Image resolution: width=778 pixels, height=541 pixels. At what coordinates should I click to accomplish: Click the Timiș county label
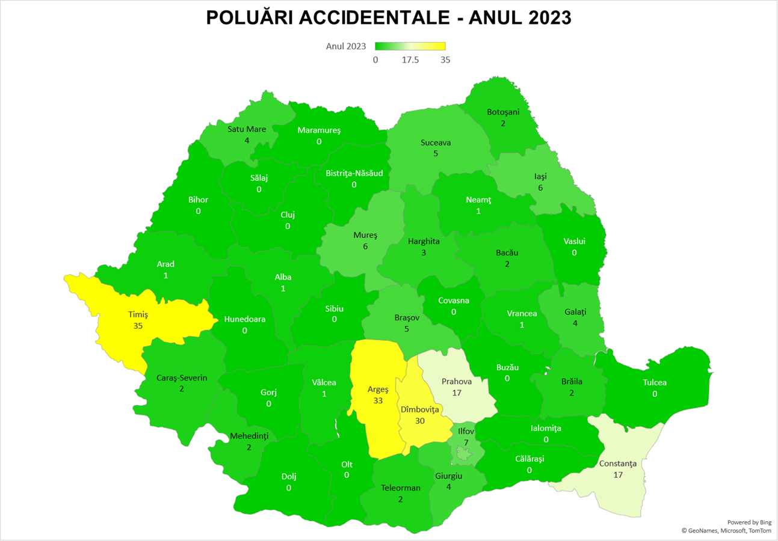(138, 314)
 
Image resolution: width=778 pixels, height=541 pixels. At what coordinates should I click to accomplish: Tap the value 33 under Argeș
(378, 400)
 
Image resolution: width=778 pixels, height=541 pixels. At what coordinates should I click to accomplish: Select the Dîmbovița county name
(420, 409)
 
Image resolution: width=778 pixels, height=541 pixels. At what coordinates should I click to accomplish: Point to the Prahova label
(455, 381)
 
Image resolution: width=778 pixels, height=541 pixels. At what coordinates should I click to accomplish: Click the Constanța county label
(617, 464)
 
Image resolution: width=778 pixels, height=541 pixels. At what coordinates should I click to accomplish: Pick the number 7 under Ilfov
(466, 442)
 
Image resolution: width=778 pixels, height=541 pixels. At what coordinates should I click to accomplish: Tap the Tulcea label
(655, 382)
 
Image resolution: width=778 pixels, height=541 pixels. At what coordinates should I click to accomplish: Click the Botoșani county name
(502, 112)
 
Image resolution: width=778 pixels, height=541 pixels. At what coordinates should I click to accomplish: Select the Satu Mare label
(247, 129)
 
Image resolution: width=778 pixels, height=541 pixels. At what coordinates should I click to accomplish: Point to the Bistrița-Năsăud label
(354, 173)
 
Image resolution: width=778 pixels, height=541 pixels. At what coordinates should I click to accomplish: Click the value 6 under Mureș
(365, 246)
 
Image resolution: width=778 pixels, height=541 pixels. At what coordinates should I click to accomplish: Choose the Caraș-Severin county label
(182, 378)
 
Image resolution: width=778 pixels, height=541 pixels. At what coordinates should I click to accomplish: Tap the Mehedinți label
(249, 436)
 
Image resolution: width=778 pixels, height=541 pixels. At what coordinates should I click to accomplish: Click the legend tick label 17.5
(410, 60)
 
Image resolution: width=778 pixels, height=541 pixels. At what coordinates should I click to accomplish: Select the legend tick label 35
(445, 60)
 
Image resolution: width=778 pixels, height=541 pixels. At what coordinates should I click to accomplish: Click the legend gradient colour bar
(410, 46)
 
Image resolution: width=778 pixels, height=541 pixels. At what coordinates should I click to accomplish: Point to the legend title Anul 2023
(346, 46)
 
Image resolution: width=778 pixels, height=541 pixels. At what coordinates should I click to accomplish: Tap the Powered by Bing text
(749, 522)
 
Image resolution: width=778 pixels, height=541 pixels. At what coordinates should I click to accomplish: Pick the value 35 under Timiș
(138, 325)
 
